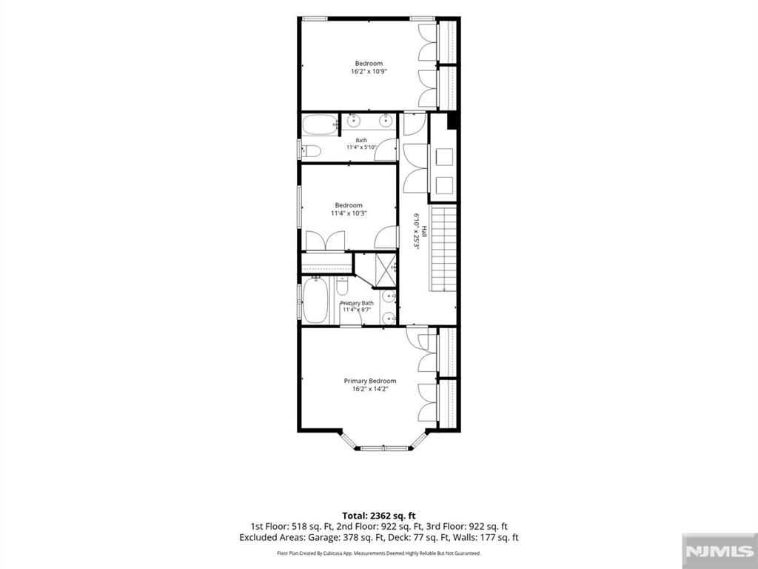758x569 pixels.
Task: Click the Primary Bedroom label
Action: coord(370,381)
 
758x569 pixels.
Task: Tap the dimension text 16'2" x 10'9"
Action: coord(369,71)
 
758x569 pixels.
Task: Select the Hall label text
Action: coord(424,231)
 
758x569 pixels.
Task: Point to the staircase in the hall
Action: coord(444,248)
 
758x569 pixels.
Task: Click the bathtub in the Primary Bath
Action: coord(315,301)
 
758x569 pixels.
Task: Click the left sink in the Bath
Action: coord(353,120)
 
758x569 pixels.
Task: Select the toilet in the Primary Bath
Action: coord(342,286)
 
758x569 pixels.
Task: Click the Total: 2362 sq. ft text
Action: coord(379,516)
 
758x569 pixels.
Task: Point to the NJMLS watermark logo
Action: coord(720,551)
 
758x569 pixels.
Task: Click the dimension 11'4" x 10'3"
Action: coord(349,213)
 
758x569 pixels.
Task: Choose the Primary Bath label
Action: coord(357,303)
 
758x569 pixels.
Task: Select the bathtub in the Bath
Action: coord(320,124)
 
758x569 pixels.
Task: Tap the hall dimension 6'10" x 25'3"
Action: coord(416,231)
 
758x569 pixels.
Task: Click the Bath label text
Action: coord(361,140)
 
